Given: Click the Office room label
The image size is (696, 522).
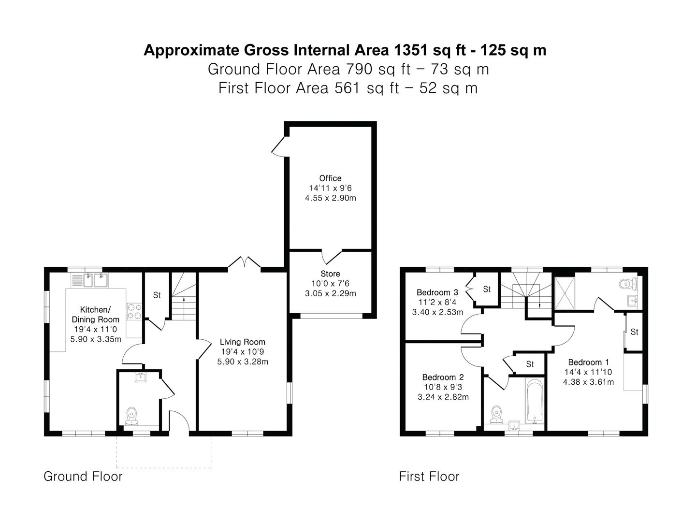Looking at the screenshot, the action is [x=330, y=178].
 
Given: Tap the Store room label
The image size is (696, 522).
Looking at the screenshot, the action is [x=330, y=274].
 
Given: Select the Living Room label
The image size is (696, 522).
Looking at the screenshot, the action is [x=243, y=342].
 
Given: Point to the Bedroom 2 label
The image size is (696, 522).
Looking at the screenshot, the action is [x=443, y=377].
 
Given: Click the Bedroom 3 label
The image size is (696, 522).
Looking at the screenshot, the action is [x=437, y=292].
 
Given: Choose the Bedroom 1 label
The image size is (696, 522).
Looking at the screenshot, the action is [x=589, y=362].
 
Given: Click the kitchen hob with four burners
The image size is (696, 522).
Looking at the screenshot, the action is [x=134, y=311].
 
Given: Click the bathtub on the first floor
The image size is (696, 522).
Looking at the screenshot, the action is [x=535, y=401].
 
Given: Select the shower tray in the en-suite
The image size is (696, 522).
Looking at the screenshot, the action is [x=565, y=293].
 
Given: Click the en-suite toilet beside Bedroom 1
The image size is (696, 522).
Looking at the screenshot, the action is [x=628, y=284].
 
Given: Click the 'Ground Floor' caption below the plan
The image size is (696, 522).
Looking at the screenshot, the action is [x=83, y=477].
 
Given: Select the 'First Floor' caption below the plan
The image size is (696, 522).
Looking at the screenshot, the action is [x=429, y=477].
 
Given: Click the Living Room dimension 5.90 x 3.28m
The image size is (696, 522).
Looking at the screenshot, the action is [x=243, y=362].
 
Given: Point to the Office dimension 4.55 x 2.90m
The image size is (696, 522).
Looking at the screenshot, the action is [x=331, y=198].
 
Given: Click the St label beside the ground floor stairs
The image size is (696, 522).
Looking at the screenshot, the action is [x=157, y=295].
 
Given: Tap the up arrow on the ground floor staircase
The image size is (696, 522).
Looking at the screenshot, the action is [x=184, y=300].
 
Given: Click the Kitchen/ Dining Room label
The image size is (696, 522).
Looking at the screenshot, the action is [x=95, y=314].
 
